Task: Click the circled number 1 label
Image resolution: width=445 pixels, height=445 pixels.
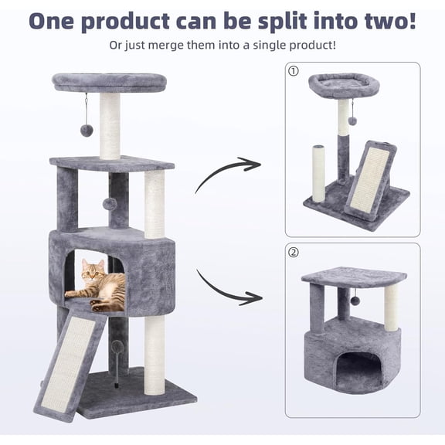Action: (x=293, y=71)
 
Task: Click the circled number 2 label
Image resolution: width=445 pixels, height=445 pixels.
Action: (x=293, y=252)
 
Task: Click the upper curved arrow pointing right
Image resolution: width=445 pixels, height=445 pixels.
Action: (x=227, y=174)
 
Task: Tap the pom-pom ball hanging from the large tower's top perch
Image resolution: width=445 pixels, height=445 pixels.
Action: (x=87, y=131)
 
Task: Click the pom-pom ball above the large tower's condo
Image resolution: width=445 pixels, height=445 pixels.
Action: (x=110, y=203)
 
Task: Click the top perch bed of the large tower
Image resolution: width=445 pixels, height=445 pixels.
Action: (x=109, y=81)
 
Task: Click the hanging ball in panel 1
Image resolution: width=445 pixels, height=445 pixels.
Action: (x=352, y=121)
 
